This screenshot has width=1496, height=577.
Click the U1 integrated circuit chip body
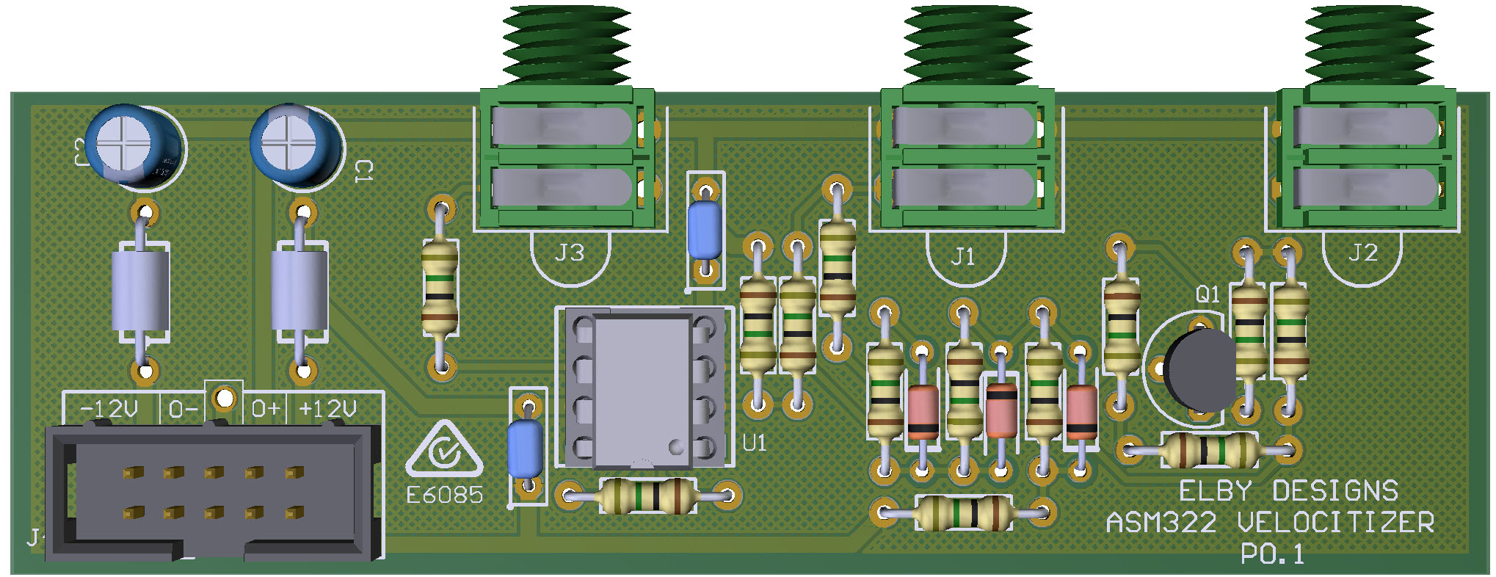[642, 389]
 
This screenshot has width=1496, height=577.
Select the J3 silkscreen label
[570, 253]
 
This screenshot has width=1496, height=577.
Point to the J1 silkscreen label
[963, 256]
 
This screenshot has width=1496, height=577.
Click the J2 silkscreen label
[1362, 253]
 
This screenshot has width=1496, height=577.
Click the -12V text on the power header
[109, 409]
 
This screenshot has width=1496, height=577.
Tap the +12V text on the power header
[327, 409]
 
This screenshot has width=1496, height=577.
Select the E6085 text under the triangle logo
[444, 496]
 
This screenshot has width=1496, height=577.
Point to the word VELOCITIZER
[1335, 523]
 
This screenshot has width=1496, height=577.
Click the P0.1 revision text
[1272, 554]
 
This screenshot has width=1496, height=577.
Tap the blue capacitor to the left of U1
[526, 447]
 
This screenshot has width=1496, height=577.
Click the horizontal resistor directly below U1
[647, 496]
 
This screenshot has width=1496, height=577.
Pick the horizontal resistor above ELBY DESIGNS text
[1208, 450]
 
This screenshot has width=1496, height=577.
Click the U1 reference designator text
[754, 443]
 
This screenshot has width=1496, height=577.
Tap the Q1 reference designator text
[1208, 294]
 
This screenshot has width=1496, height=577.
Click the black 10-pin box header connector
[213, 492]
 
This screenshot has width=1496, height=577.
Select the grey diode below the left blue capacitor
[140, 290]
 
